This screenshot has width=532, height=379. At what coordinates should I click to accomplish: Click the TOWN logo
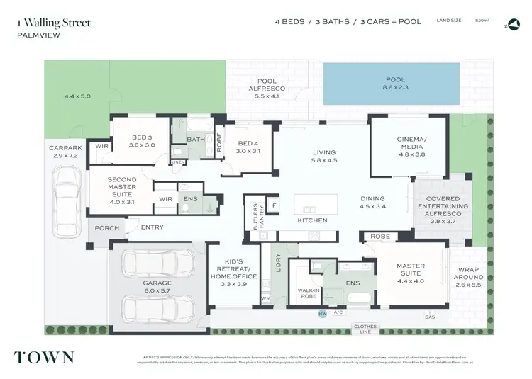click(43, 357)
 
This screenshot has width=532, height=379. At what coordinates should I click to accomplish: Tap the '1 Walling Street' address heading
click(53, 23)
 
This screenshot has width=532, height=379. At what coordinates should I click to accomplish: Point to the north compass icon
click(511, 24)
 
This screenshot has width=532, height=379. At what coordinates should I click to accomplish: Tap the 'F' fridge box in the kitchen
click(275, 206)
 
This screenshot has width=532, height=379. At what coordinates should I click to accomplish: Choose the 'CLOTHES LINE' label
click(367, 329)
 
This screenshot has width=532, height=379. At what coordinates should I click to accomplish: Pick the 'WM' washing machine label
click(266, 299)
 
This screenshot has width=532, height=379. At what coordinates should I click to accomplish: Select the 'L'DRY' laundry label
click(267, 262)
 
